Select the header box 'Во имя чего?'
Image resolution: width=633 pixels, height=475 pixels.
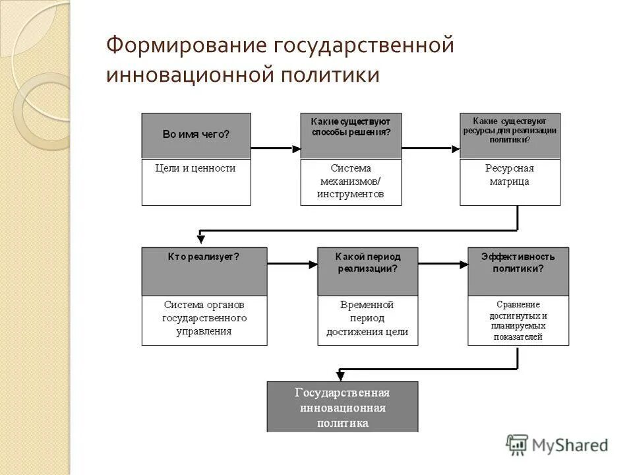coord(196,135)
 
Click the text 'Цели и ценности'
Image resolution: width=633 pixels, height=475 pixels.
coord(195,168)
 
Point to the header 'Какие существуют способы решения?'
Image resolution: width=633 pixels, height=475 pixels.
coord(351,127)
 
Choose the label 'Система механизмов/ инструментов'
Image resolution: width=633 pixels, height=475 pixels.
coord(350,181)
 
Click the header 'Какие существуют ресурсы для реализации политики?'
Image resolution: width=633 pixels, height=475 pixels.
coord(510,130)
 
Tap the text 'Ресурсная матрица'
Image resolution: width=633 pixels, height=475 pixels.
coord(509,175)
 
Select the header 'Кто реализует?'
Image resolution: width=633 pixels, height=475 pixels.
coord(204,257)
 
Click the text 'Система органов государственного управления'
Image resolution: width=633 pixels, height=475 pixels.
coord(204,318)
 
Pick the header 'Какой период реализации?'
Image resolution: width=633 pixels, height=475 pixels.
coord(367,263)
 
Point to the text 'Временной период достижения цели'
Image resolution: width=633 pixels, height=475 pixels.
coord(367,318)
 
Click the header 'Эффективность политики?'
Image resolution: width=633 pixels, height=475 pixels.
coord(518,263)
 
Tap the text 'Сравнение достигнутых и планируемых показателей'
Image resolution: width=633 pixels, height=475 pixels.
coord(518,321)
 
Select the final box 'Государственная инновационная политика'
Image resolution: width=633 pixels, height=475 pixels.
coord(342,407)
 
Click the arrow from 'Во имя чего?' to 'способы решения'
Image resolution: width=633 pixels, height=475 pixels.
coord(276,148)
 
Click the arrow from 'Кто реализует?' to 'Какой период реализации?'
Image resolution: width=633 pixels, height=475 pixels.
coord(292,265)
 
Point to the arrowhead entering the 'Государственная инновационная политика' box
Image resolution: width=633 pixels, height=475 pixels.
coord(340,375)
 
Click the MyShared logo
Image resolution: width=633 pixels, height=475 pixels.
coord(557,445)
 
